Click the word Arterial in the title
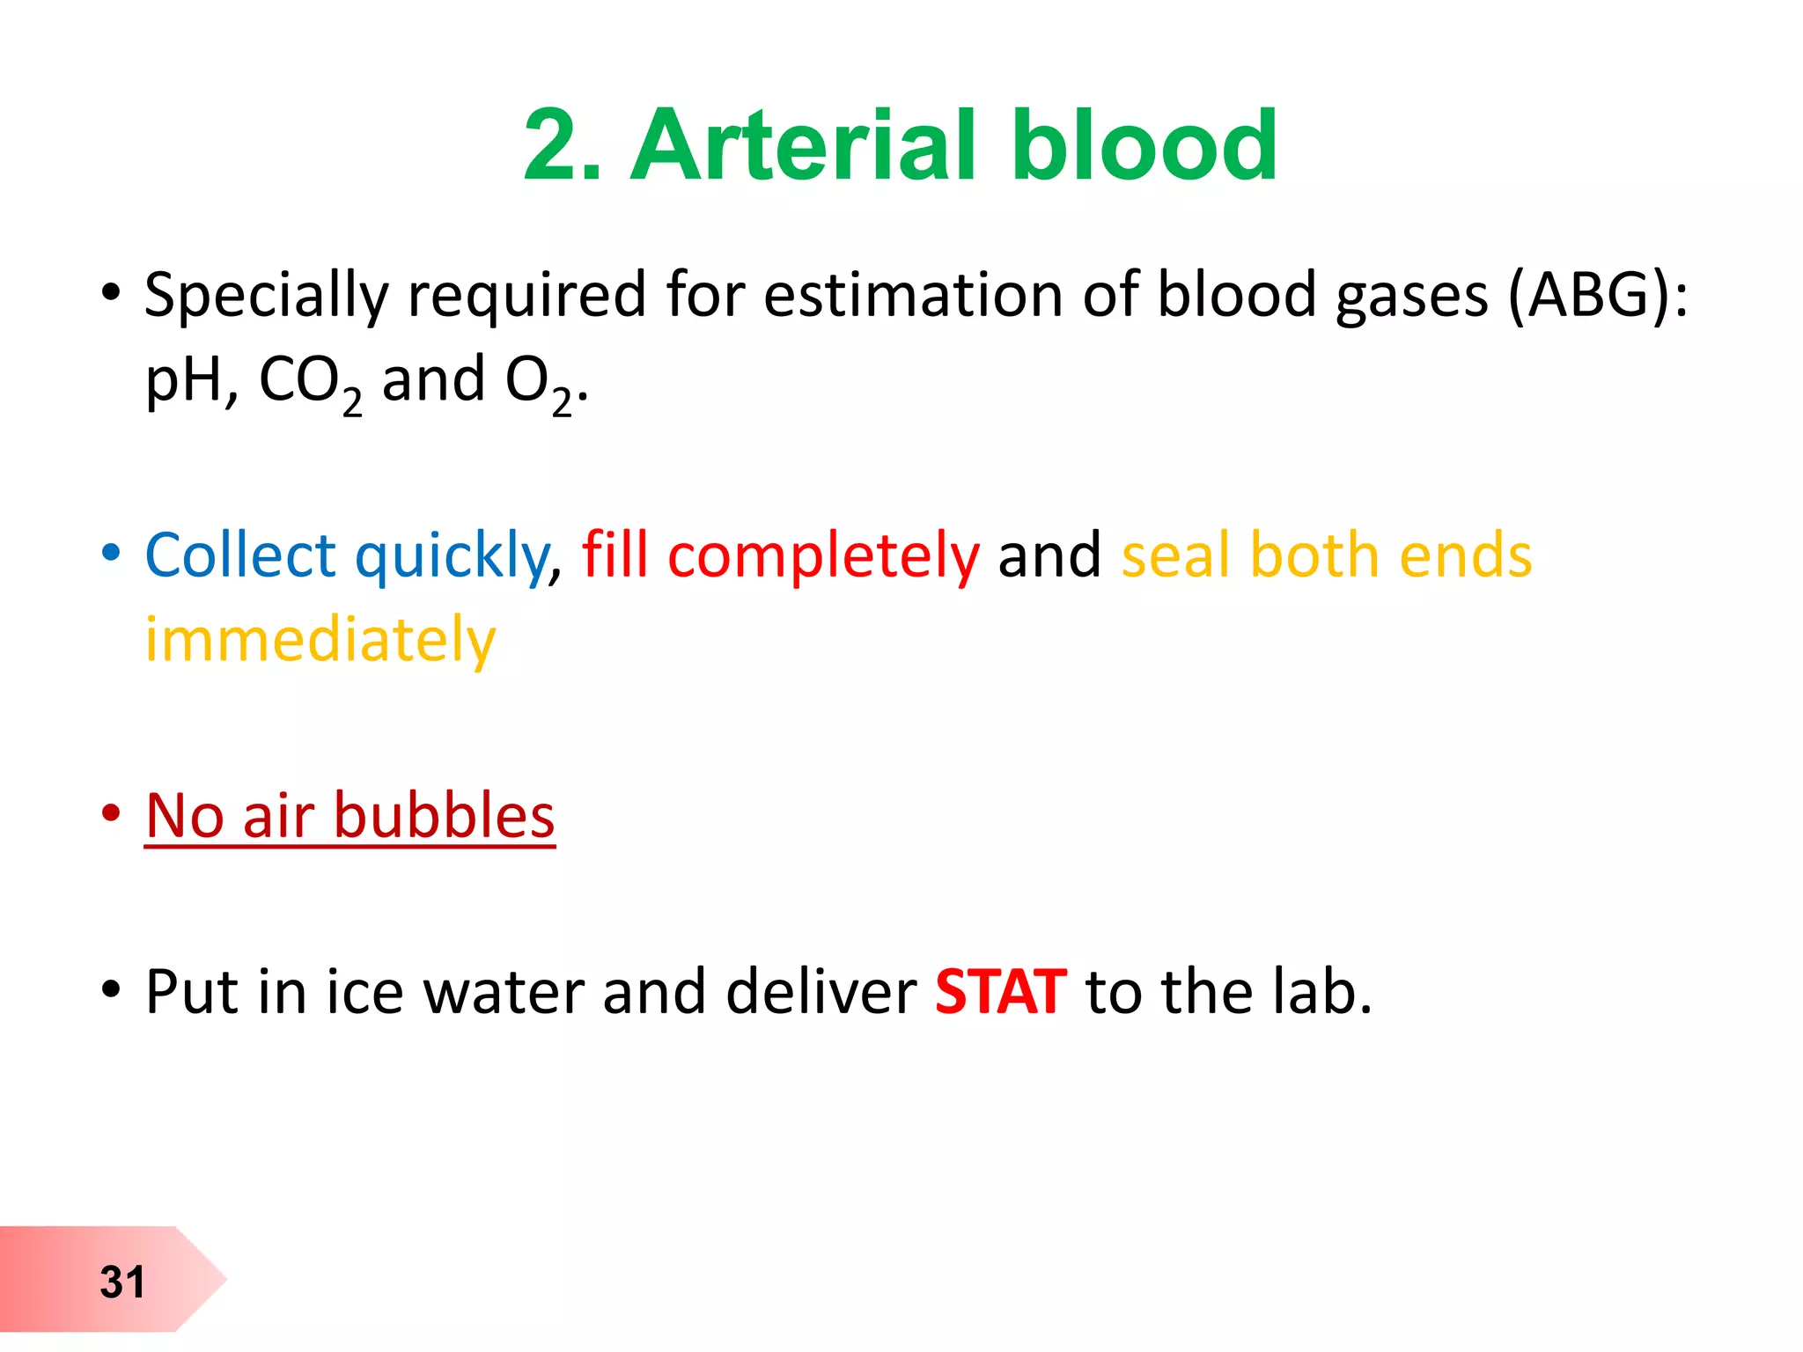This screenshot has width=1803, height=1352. (x=803, y=145)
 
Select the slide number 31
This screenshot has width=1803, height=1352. (x=121, y=1282)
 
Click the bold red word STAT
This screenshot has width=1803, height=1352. (x=1000, y=992)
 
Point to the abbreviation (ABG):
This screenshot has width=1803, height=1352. (x=1597, y=295)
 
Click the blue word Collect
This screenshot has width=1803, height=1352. (x=239, y=556)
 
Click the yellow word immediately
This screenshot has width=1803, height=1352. (x=320, y=641)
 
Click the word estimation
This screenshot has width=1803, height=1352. (x=912, y=295)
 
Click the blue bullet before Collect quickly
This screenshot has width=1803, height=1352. (x=110, y=553)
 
